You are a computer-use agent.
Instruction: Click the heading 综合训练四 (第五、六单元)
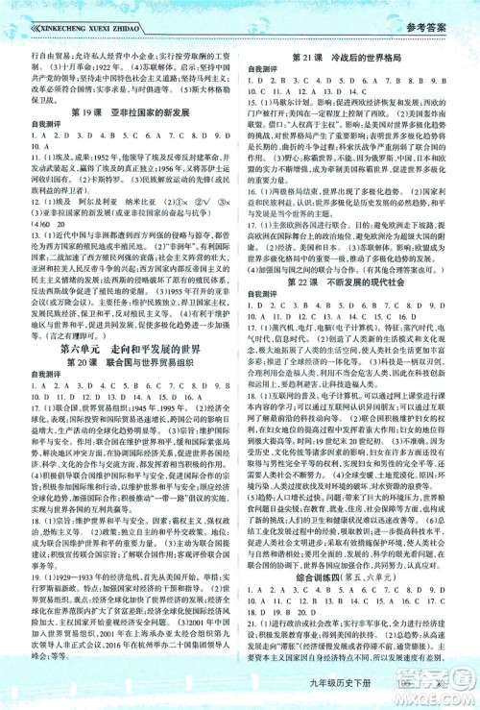coord(359,564)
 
